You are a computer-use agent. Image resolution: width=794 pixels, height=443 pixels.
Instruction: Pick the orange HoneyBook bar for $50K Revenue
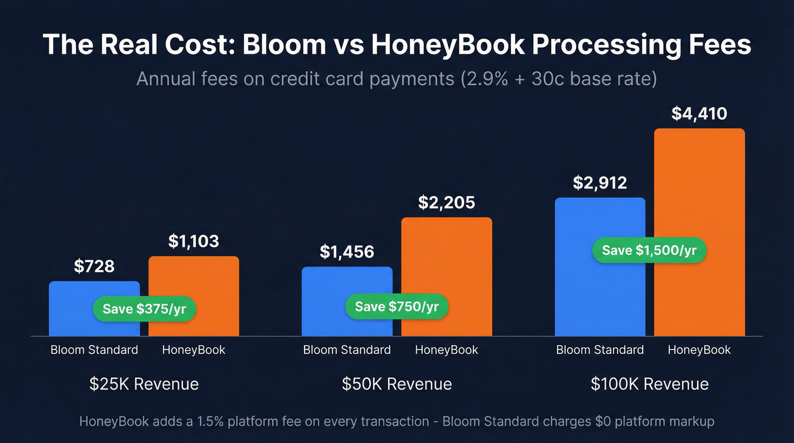[446, 261]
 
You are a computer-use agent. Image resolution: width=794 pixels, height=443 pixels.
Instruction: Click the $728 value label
[94, 265]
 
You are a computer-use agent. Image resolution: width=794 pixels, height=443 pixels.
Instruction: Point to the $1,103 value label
[193, 241]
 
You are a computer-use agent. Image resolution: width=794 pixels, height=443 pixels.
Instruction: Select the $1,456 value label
[347, 251]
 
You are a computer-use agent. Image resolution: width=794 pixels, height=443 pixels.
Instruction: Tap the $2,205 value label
[446, 202]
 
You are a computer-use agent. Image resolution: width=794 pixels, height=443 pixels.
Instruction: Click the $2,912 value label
[600, 183]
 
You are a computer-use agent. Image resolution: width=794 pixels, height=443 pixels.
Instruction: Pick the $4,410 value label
[699, 113]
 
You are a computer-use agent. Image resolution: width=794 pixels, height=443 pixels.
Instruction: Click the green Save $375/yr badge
[144, 309]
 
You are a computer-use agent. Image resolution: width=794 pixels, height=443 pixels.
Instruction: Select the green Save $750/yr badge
[397, 307]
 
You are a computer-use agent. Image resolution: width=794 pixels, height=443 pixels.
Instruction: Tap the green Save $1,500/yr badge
[649, 250]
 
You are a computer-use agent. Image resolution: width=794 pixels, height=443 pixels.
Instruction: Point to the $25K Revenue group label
[144, 383]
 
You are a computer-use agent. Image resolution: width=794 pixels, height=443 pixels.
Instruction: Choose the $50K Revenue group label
[397, 383]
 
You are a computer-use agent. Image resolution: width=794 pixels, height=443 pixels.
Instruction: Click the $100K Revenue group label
[649, 383]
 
